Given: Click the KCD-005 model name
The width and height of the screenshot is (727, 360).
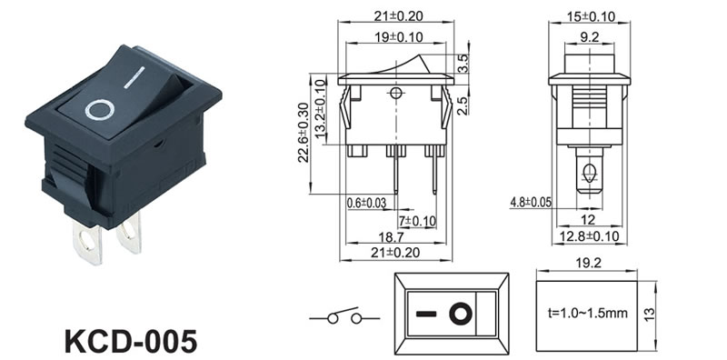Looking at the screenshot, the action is point(131,342).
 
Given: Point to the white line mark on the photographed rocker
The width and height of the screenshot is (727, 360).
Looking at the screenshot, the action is point(134,77).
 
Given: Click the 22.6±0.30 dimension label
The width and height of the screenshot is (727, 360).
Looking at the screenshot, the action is point(304,132).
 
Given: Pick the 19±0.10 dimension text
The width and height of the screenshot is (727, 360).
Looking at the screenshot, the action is point(396,37).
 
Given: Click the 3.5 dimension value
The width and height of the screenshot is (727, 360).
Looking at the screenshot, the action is point(463,64).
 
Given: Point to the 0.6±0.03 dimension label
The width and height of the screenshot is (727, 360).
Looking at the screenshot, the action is point(366,203).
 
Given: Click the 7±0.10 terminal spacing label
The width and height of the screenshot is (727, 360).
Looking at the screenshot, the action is point(417,221).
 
